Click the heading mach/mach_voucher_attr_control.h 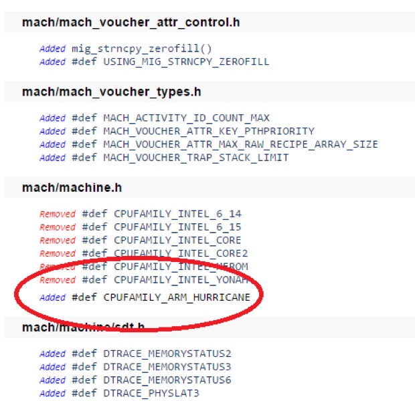click(131, 23)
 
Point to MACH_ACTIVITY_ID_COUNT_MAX click(186, 118)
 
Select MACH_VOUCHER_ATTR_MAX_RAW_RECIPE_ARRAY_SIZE click(240, 144)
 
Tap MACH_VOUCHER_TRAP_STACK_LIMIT click(195, 158)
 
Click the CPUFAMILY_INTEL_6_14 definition click(177, 214)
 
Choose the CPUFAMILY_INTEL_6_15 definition click(177, 227)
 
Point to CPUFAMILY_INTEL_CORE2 click(181, 253)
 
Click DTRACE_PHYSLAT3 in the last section click(151, 393)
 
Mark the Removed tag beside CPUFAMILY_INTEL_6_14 click(58, 214)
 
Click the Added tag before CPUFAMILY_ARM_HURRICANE click(52, 296)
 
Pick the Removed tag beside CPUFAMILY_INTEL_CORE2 click(58, 253)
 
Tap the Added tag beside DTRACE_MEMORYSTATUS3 click(52, 367)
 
